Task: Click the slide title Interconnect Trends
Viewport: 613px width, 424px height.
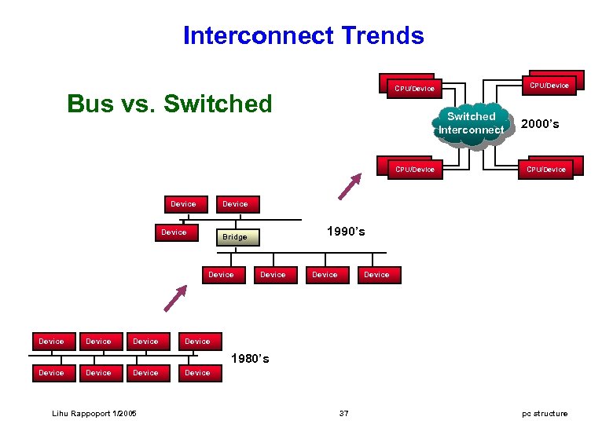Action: tap(303, 35)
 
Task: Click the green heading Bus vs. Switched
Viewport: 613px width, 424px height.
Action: tap(169, 104)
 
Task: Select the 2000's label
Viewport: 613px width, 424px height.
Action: tap(540, 124)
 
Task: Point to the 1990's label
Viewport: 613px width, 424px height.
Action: tap(346, 232)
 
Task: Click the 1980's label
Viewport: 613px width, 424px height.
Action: tap(250, 359)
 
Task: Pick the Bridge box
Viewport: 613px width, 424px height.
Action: tap(235, 237)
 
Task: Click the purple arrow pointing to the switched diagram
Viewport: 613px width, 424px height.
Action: tap(350, 187)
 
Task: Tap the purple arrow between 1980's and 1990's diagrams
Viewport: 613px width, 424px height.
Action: tap(176, 299)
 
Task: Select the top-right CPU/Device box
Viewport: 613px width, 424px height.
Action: tap(550, 84)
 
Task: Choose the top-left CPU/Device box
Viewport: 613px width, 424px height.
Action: tap(414, 88)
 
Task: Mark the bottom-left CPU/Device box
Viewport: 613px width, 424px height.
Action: tap(414, 169)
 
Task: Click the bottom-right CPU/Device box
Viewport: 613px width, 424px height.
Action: tap(546, 169)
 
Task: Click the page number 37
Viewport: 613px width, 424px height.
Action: tap(343, 413)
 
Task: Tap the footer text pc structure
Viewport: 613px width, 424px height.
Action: tap(545, 413)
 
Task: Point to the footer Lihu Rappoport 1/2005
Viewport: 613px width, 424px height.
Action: tap(94, 413)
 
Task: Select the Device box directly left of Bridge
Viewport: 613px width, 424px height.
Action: tap(174, 232)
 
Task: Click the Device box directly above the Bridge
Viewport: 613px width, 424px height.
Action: tap(235, 204)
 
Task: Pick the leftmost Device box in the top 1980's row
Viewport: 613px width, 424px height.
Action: tap(52, 342)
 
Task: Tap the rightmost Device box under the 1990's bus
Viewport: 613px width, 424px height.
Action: tap(376, 275)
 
